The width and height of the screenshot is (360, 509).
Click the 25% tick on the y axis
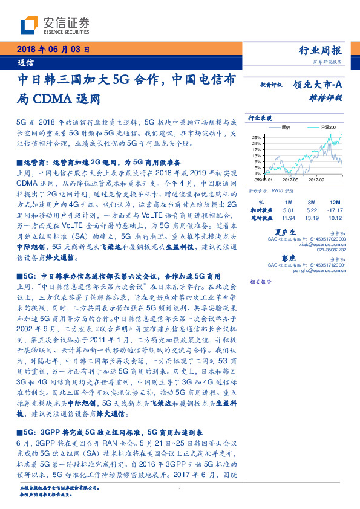[257, 137]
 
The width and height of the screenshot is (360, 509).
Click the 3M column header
[312, 201]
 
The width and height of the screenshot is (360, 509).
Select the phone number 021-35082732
[332, 249]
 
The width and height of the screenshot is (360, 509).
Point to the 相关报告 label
[261, 282]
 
